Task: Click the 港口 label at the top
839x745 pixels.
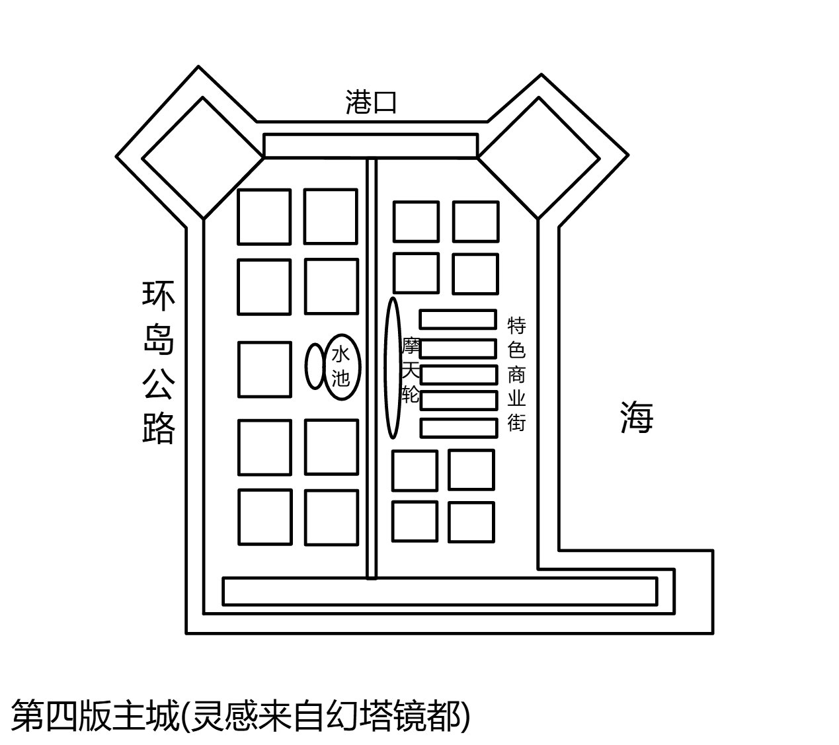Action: [371, 102]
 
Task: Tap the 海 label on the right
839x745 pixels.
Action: [637, 417]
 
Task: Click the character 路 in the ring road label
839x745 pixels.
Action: [158, 428]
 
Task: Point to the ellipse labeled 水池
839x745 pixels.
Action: [342, 367]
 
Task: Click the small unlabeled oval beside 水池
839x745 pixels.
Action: [315, 366]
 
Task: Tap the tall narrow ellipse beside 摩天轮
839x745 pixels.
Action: [393, 368]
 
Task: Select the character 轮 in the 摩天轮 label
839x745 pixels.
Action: [411, 395]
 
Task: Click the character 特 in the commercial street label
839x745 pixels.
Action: [516, 326]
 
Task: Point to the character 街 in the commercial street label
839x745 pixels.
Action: [516, 423]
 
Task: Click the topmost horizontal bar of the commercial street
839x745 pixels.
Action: [458, 319]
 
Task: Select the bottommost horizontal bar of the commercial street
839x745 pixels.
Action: [459, 428]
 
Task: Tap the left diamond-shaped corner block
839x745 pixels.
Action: [203, 158]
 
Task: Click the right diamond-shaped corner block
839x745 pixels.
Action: [539, 158]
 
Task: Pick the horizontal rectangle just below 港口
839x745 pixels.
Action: [371, 145]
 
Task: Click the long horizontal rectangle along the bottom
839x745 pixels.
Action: [440, 592]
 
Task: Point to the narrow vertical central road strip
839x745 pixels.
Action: [372, 369]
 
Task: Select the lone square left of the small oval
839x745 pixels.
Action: [264, 370]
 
